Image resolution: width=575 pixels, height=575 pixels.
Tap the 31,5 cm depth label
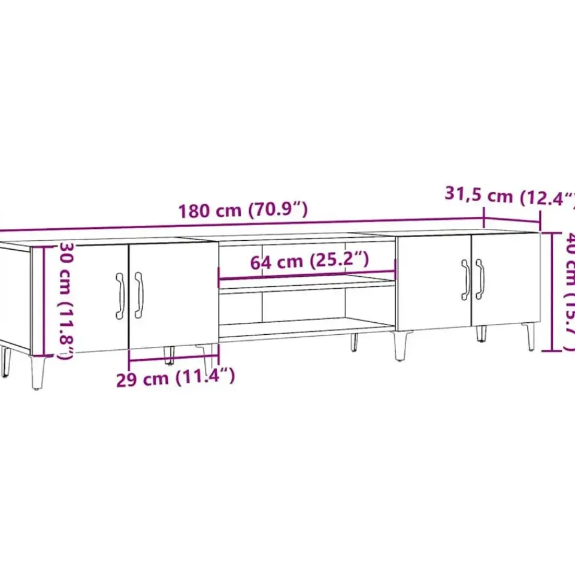point(509,195)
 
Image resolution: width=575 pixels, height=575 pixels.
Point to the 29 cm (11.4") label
point(175,377)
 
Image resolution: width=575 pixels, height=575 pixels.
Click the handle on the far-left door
point(120,293)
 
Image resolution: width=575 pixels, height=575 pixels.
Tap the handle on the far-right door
point(480,279)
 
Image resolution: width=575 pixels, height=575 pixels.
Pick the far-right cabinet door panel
point(506,279)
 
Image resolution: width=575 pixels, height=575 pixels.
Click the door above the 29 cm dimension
point(174,293)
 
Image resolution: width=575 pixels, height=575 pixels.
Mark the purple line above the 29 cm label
point(174,360)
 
